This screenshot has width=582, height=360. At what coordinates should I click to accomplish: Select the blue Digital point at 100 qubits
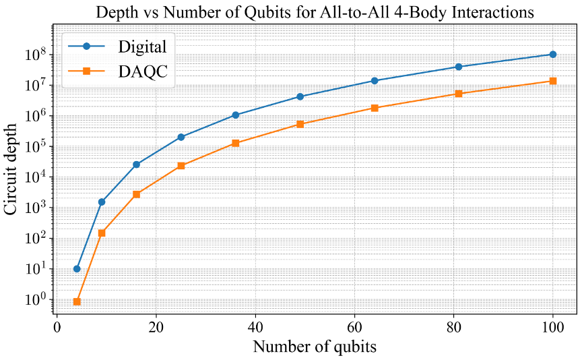coord(553,54)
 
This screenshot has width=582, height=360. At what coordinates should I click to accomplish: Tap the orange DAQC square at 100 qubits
coord(553,81)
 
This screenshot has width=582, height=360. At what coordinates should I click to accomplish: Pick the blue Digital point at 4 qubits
coord(77,268)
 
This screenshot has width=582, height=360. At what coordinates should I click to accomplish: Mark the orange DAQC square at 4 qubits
coord(77,301)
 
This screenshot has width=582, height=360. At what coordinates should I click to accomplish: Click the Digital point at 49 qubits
coord(300,96)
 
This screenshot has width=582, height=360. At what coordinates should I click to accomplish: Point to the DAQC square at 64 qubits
coord(375,108)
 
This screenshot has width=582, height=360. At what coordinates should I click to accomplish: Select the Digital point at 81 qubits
coord(459,67)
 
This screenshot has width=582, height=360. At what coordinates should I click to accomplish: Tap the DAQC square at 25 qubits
coord(181,166)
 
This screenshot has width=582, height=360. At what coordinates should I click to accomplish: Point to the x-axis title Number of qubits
coord(315,347)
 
